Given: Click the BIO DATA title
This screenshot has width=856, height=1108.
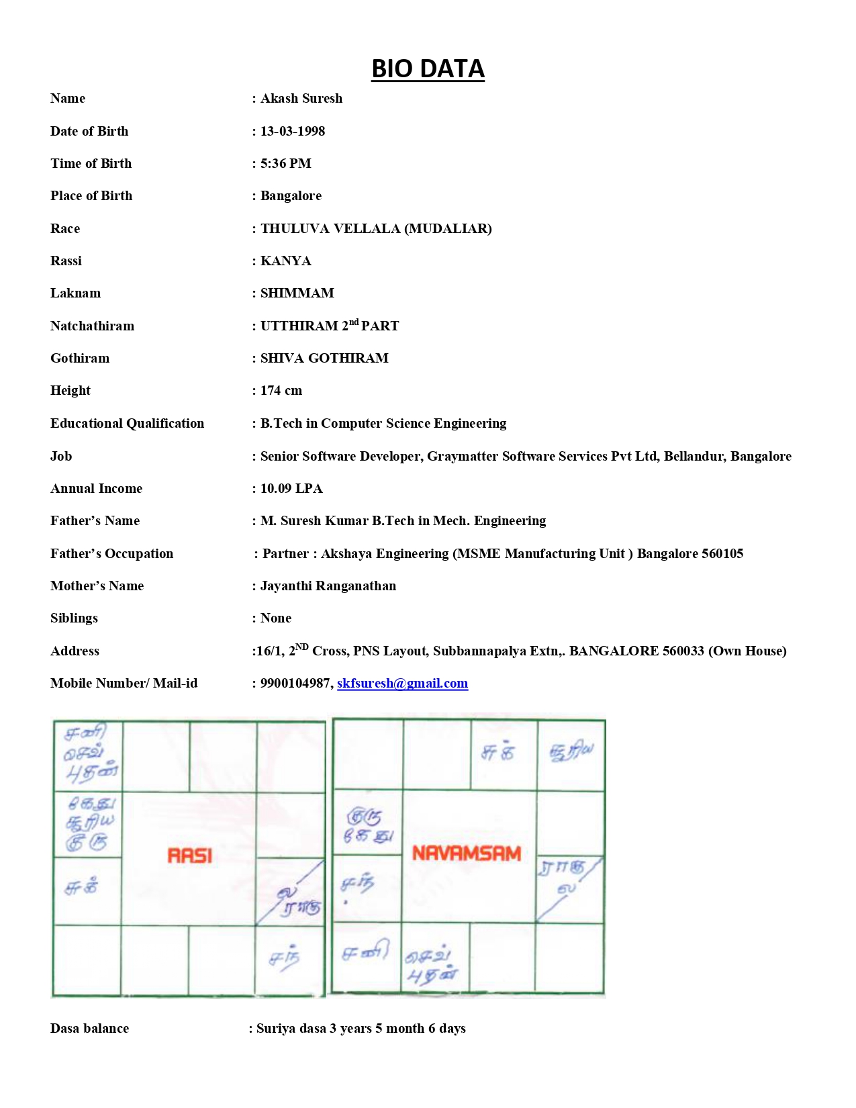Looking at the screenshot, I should click(428, 69).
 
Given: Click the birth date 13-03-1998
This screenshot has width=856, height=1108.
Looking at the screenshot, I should click(293, 132).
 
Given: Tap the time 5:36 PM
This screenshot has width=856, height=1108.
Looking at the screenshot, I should click(286, 164).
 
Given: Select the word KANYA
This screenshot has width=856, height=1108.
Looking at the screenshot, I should click(286, 261).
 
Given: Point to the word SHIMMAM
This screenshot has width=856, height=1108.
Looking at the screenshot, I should click(297, 293).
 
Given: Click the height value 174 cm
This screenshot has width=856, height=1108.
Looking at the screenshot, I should click(281, 391).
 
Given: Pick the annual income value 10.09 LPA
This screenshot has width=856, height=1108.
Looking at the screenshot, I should click(291, 489).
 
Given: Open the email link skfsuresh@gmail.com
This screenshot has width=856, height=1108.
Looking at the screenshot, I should click(402, 684).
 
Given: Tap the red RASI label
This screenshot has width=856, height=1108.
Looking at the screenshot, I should click(190, 856).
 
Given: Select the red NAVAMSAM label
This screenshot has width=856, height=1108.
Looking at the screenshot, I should click(467, 853).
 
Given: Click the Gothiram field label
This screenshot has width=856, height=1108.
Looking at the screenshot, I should click(80, 359).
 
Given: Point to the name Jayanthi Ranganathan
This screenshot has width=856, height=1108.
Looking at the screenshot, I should click(328, 586).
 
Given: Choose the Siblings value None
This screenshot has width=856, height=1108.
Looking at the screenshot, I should click(276, 618).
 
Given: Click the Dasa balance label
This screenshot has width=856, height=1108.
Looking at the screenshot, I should click(89, 1029).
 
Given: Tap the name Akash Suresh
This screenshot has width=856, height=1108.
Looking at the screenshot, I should click(301, 99).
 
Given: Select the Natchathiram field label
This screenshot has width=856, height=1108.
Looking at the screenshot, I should click(92, 326).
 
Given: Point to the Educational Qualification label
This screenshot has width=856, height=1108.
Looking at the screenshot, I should click(127, 424).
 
